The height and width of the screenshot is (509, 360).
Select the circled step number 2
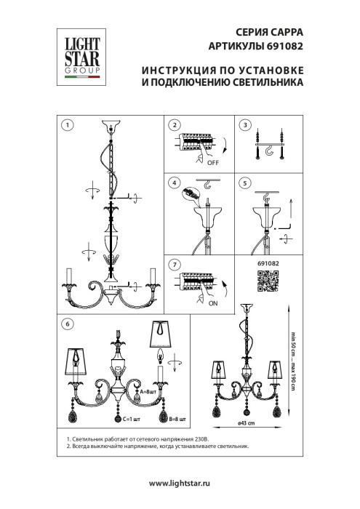tap(174, 124)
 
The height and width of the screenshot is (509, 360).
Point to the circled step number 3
tap(245, 124)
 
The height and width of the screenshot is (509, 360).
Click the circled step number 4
tap(174, 182)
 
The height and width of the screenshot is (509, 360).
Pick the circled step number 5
tap(245, 182)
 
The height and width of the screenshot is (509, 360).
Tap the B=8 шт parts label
tap(176, 420)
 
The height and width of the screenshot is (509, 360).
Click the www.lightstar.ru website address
tap(179, 483)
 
